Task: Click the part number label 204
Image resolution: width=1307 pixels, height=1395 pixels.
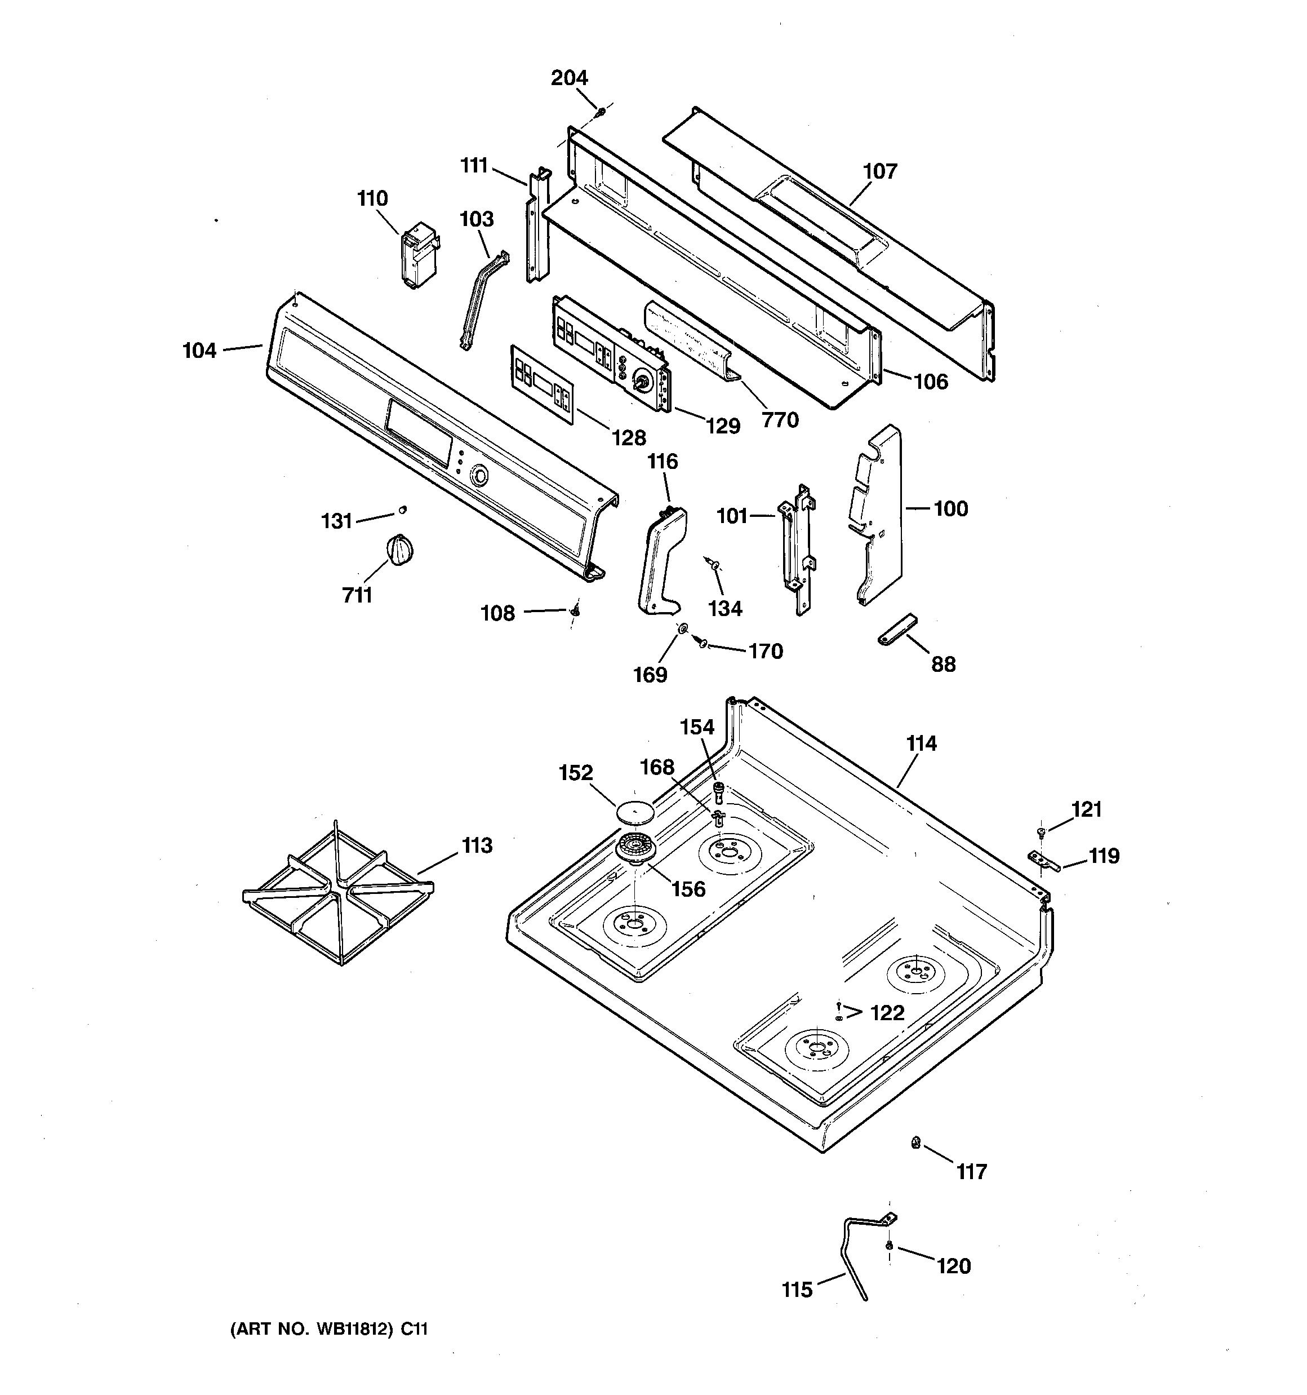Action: point(569,78)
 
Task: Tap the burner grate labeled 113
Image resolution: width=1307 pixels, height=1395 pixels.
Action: point(337,894)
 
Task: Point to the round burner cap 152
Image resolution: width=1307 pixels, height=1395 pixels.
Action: point(634,813)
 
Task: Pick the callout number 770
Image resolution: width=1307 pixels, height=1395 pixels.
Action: point(780,420)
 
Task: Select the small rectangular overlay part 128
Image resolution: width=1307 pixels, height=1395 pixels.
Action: point(541,383)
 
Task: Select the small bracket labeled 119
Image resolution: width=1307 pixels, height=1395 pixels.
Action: point(1044,860)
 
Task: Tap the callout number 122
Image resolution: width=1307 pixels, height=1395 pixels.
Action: point(887,1012)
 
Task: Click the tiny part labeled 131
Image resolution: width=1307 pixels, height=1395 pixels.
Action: point(403,510)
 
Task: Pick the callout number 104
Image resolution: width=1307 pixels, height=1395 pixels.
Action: point(200,350)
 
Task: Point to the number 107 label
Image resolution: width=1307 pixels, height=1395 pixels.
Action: point(880,171)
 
